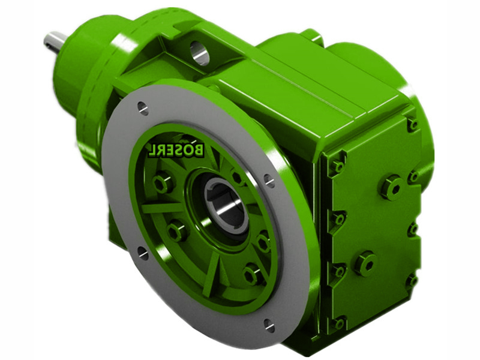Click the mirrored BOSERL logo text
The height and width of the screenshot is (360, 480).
pos(176,149)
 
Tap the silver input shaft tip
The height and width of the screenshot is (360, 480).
pos(55,43)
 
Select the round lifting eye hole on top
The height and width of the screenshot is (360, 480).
pos(199,53)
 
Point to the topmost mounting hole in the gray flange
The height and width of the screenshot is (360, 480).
pos(143,109)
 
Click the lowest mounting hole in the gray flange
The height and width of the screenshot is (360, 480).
pos(269,325)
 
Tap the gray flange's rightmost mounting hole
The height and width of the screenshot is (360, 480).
pos(269,181)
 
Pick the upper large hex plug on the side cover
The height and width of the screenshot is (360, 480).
pos(391,187)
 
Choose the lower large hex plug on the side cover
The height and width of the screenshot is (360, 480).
pos(366,263)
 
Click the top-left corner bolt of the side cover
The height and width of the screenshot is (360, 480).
pos(338,167)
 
